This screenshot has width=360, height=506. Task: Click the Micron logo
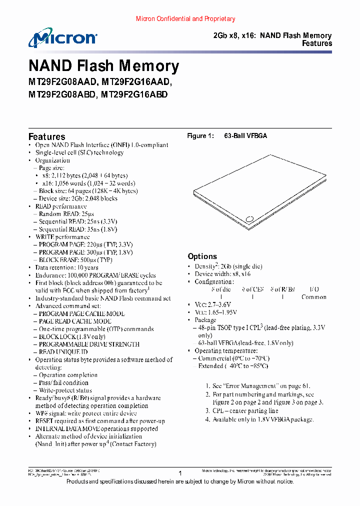[x=62, y=38]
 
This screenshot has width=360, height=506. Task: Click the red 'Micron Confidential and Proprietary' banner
[x=185, y=19]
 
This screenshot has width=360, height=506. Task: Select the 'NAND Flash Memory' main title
[x=103, y=66]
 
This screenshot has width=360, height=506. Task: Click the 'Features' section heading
[x=46, y=136]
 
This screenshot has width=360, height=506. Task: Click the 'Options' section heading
[x=202, y=256]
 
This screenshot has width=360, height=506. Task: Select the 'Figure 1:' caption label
[x=200, y=136]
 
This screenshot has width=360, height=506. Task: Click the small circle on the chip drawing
[x=249, y=218]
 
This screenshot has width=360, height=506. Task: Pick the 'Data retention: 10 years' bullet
[x=66, y=267]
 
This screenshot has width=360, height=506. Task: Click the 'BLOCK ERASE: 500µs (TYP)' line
[x=75, y=260]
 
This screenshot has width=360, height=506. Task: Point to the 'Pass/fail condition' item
[x=63, y=382]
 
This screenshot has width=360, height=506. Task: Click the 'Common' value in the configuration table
[x=313, y=297]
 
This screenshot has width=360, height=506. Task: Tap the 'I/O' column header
[x=314, y=289]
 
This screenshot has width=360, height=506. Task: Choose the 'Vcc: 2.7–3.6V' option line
[x=212, y=304]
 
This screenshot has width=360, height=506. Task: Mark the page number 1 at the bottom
[x=180, y=472]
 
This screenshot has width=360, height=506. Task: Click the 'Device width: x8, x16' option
[x=222, y=274]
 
